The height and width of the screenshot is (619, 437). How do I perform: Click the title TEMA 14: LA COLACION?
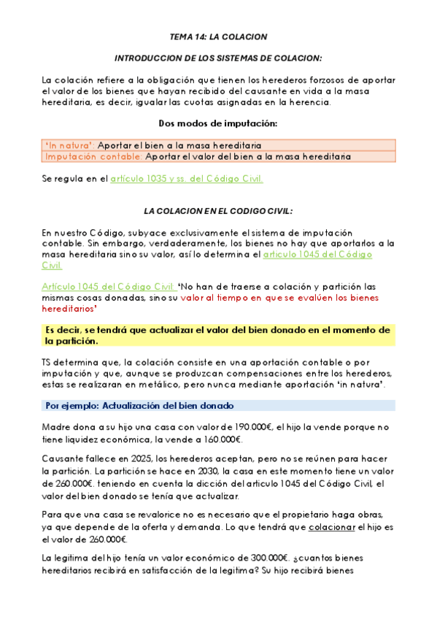[x=218, y=36]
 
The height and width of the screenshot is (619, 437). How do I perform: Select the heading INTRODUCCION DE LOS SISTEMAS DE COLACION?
[x=218, y=58]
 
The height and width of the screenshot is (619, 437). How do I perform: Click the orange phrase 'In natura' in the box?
[x=69, y=145]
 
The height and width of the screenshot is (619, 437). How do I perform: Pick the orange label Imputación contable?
[x=93, y=156]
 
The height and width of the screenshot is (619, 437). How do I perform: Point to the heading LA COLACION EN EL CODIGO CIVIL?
[x=218, y=211]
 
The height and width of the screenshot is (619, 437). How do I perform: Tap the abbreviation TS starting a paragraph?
[x=49, y=362]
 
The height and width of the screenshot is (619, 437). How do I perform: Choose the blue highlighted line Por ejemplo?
[x=139, y=405]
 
